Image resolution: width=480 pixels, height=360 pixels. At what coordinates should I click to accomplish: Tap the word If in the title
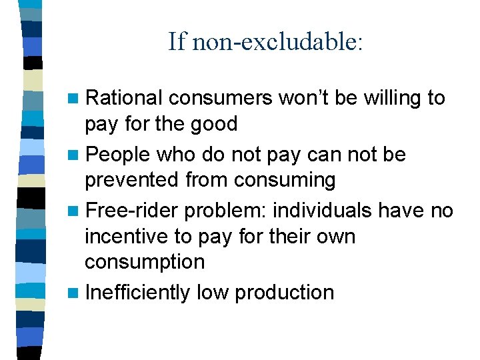[176, 42]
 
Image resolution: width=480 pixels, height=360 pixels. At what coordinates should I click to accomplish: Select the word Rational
[125, 99]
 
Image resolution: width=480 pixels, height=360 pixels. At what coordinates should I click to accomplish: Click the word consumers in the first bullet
[220, 99]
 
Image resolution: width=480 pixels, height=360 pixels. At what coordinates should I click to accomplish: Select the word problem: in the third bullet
[227, 211]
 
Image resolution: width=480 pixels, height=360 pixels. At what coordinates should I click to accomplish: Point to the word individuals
[324, 211]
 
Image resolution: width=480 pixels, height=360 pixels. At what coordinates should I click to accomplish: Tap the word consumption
[145, 262]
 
